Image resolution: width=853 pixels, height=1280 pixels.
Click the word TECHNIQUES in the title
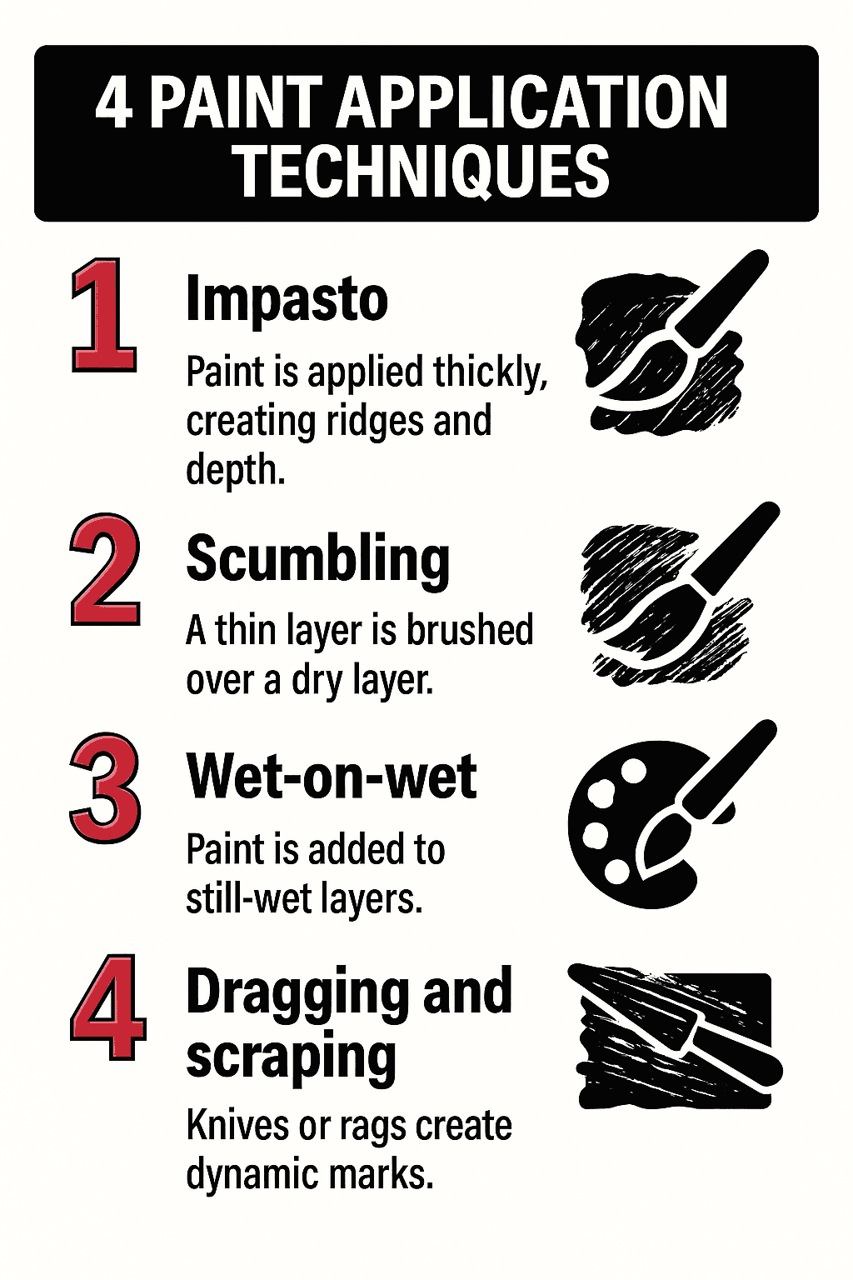click(421, 171)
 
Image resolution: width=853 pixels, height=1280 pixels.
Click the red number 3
click(105, 788)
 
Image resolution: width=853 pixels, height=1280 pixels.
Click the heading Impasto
click(287, 300)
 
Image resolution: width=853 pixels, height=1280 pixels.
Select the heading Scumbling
click(317, 560)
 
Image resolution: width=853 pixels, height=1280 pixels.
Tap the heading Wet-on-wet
click(332, 777)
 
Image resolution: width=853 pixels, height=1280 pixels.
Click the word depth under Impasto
click(235, 470)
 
